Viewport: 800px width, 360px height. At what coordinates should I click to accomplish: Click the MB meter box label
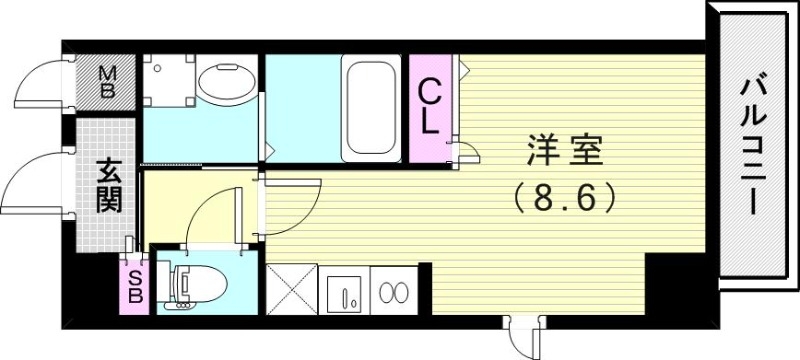(108, 80)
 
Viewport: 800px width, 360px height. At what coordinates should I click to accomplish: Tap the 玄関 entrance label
(108, 186)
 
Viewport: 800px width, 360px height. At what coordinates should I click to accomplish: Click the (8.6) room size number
(565, 197)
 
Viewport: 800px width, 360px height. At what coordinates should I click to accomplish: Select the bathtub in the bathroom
(373, 108)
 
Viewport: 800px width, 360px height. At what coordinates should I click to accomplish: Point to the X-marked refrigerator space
(291, 291)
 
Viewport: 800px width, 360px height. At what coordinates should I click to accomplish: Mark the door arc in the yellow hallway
(215, 215)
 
